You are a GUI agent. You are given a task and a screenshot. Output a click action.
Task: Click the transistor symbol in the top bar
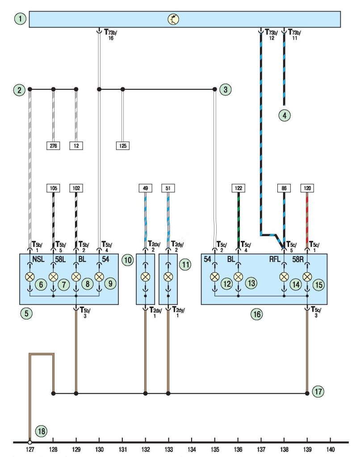173,19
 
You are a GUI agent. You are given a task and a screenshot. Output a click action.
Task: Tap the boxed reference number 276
53,146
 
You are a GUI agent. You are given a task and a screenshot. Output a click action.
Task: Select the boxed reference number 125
122,146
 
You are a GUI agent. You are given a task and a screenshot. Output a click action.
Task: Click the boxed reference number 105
53,188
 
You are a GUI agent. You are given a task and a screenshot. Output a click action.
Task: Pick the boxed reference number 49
145,188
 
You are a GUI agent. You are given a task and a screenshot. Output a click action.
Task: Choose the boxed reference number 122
239,188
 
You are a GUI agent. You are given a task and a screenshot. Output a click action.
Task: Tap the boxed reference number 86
284,188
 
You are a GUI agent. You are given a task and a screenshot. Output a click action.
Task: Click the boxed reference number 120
307,188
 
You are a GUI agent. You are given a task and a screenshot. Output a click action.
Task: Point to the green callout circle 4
285,116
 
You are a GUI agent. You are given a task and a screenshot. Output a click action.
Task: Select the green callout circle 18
41,431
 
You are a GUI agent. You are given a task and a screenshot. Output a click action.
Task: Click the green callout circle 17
318,391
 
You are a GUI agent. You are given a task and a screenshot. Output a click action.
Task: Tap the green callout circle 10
127,260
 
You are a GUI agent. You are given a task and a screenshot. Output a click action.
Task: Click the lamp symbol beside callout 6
30,277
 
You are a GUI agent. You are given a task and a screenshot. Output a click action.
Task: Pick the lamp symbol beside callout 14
284,277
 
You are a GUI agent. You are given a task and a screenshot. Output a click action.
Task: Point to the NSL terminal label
38,259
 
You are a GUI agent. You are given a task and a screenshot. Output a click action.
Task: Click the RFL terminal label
275,259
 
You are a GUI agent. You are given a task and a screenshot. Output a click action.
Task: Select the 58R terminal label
298,259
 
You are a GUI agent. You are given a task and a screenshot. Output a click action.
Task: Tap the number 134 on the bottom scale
192,449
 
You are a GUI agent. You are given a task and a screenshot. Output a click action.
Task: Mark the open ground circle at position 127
30,442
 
